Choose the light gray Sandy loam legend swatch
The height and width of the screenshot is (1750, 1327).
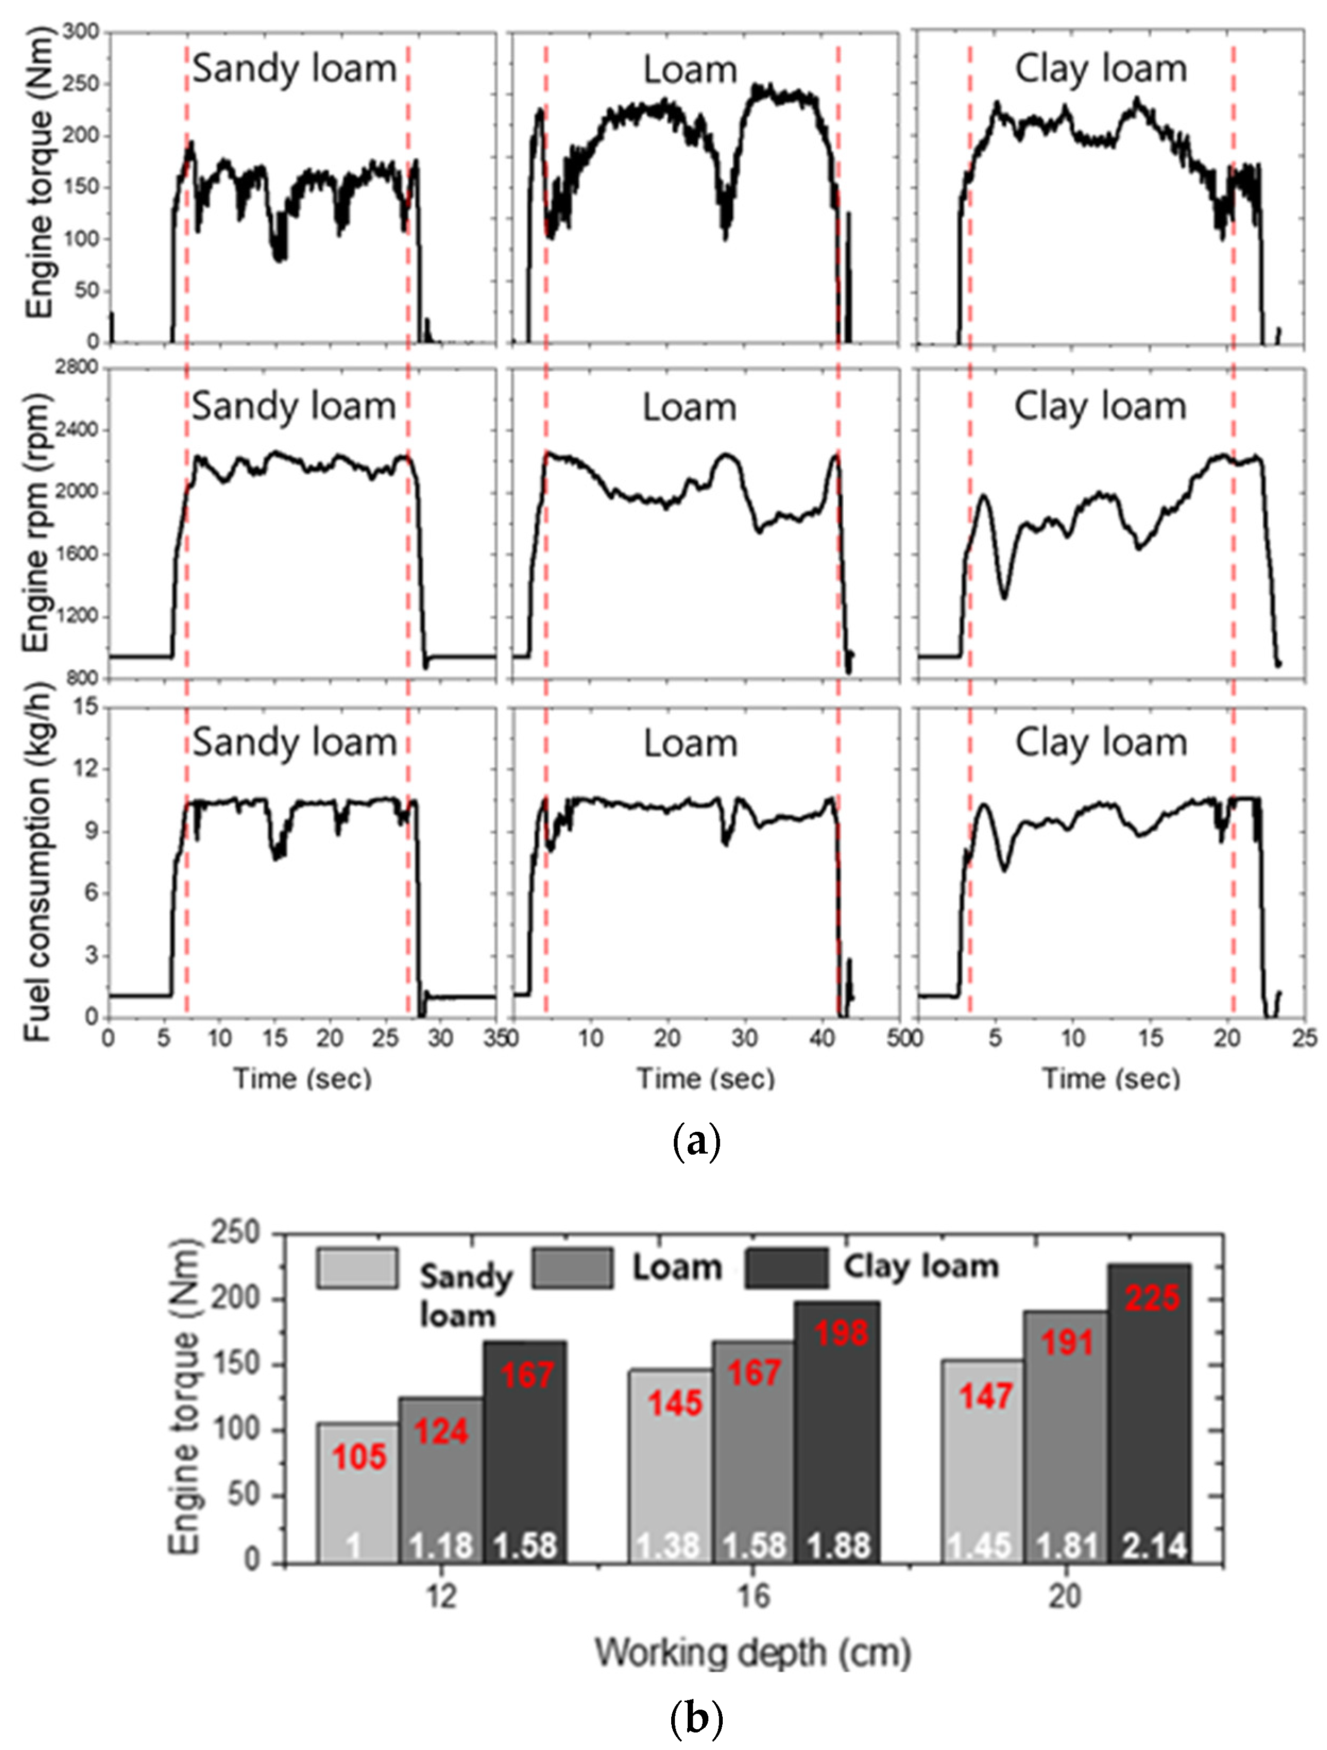coord(357,1268)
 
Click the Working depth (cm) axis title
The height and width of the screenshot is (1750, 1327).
coord(753,1653)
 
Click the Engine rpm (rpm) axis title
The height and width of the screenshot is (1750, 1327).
coord(37,522)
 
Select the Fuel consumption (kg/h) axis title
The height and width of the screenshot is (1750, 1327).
coord(37,863)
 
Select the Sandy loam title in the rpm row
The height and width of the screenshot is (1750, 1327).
coord(294,407)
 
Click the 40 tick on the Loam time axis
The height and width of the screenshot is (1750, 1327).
coord(823,1038)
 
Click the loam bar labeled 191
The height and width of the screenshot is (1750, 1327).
coord(1066,1424)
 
